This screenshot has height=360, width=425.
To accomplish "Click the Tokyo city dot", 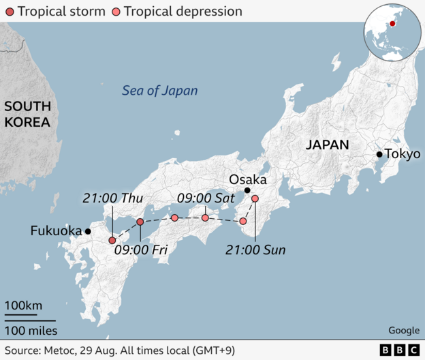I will (x=379, y=154).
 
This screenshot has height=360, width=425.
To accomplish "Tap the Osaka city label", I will (x=247, y=179).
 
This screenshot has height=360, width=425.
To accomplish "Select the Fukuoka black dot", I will (x=88, y=232).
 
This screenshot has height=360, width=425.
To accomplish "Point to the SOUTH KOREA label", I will (x=27, y=115).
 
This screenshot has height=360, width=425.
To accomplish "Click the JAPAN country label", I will (x=327, y=145).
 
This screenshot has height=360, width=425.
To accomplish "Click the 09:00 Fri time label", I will (x=141, y=250).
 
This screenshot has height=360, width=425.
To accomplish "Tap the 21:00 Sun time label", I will (x=255, y=250).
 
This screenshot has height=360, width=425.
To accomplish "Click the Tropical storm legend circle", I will (x=8, y=12).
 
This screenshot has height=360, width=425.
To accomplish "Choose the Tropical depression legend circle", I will (x=116, y=12).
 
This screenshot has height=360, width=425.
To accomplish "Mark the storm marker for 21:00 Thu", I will (x=112, y=241).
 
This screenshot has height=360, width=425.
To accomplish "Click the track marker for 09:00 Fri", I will (x=140, y=222).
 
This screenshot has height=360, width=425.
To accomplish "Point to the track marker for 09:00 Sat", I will (x=205, y=218).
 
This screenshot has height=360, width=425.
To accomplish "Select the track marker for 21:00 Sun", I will (x=255, y=199).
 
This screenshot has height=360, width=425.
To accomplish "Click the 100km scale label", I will (x=23, y=306).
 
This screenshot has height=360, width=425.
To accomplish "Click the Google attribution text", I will (x=404, y=331).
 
